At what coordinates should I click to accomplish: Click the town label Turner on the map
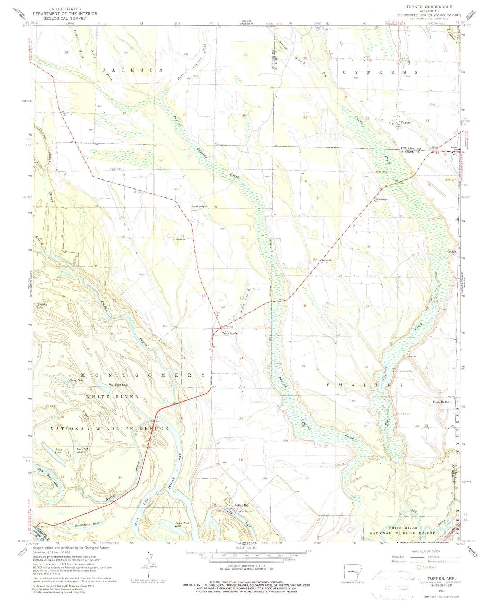click(406, 122)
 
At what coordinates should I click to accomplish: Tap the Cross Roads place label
click(229, 333)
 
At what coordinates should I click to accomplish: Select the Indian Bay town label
click(242, 505)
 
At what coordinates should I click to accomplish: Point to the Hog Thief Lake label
click(118, 385)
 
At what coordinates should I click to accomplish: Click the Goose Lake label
click(76, 380)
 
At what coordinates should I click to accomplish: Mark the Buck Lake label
click(58, 451)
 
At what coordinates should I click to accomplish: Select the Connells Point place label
click(442, 402)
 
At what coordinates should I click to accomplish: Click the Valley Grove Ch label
click(200, 207)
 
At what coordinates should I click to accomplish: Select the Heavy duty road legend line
click(418, 557)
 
